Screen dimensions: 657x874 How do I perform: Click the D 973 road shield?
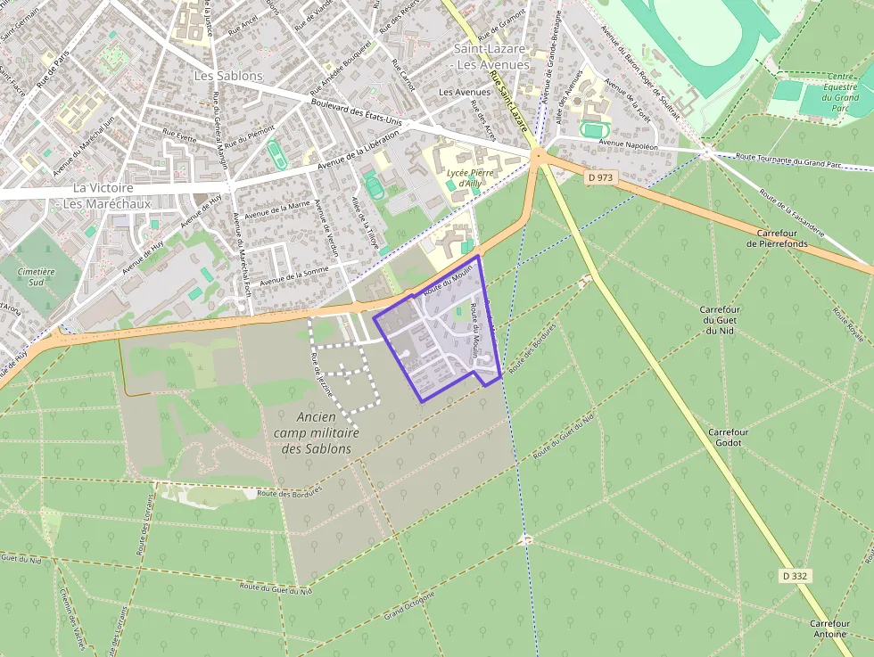tap(601, 178)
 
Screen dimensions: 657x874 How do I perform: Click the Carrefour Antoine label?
tap(829, 628)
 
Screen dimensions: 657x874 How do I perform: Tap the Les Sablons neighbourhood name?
tap(228, 76)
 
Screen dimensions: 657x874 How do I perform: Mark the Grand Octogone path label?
tap(409, 606)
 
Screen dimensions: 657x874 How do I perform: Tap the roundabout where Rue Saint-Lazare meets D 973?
tap(538, 156)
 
